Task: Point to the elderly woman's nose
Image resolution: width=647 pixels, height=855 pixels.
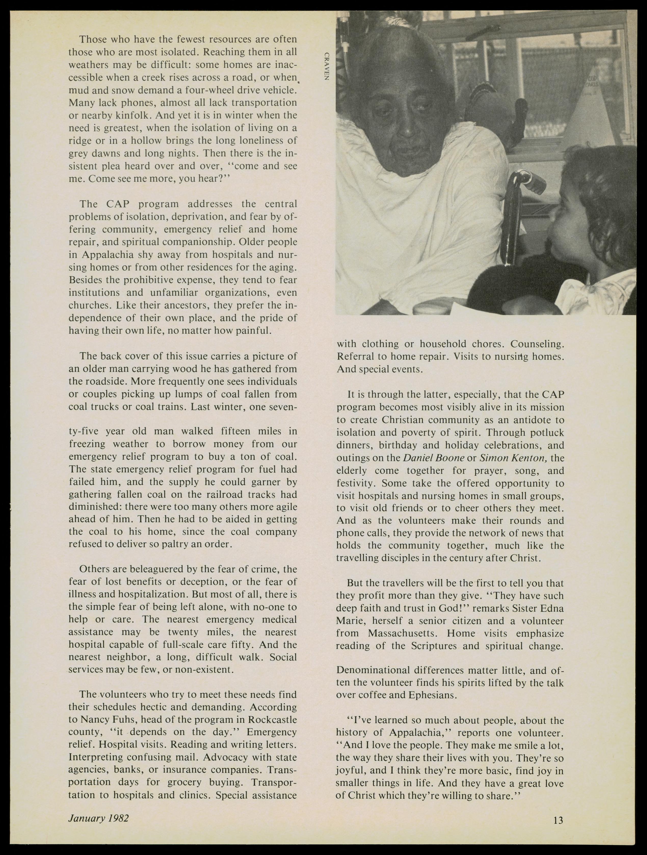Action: [406, 130]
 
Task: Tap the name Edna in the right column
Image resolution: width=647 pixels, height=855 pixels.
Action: [551, 608]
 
